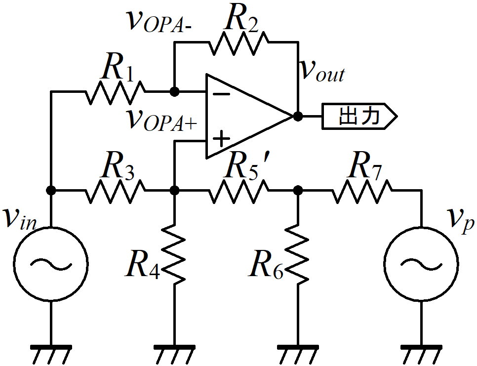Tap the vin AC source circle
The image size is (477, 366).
pyautogui.click(x=51, y=264)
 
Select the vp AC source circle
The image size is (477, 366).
pyautogui.click(x=421, y=264)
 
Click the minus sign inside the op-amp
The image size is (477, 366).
pyautogui.click(x=221, y=94)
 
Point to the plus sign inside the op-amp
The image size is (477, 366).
pyautogui.click(x=221, y=139)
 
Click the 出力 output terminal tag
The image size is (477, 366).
pyautogui.click(x=359, y=116)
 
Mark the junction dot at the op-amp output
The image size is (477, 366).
pyautogui.click(x=298, y=116)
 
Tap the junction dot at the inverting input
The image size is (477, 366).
pyautogui.click(x=174, y=91)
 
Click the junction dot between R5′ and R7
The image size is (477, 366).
pyautogui.click(x=298, y=191)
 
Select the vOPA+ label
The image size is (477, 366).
pyautogui.click(x=162, y=120)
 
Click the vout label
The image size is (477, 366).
pyautogui.click(x=322, y=71)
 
